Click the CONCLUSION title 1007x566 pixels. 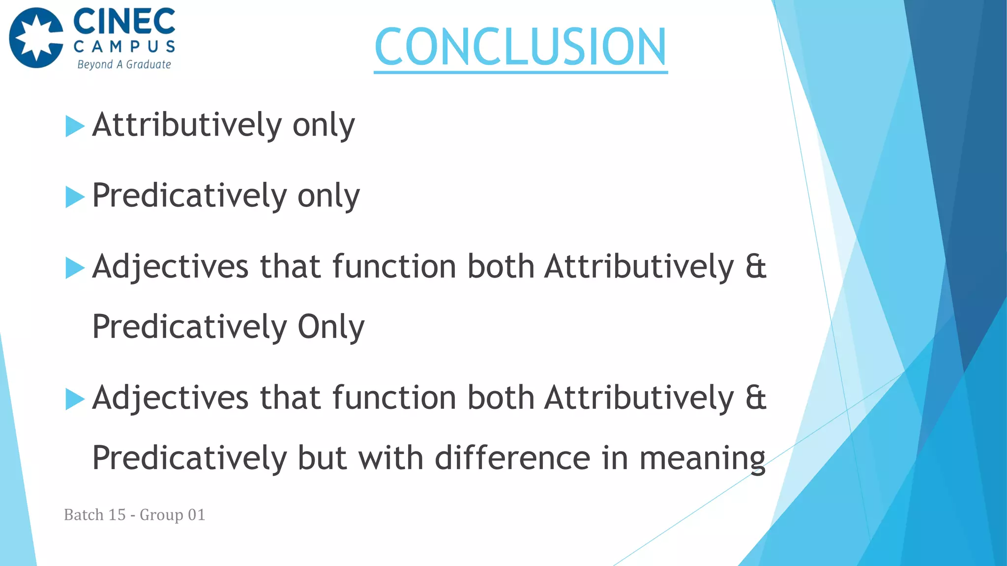520,47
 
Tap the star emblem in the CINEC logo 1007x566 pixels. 36,38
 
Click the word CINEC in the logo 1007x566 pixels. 124,22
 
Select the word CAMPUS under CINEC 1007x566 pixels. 124,47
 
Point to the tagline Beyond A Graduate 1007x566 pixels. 124,64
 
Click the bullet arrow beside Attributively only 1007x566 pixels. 75,126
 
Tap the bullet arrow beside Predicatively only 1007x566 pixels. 75,198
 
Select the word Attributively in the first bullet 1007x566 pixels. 187,125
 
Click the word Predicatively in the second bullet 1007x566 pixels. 189,196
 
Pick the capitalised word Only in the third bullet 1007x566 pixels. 331,327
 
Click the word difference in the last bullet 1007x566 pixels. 512,458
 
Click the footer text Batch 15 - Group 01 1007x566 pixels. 134,514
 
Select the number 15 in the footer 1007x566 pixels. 117,514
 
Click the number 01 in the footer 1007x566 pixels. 196,514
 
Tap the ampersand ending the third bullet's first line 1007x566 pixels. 756,267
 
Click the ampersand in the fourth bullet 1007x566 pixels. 756,397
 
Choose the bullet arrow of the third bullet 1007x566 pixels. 75,268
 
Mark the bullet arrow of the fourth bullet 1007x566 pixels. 75,399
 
